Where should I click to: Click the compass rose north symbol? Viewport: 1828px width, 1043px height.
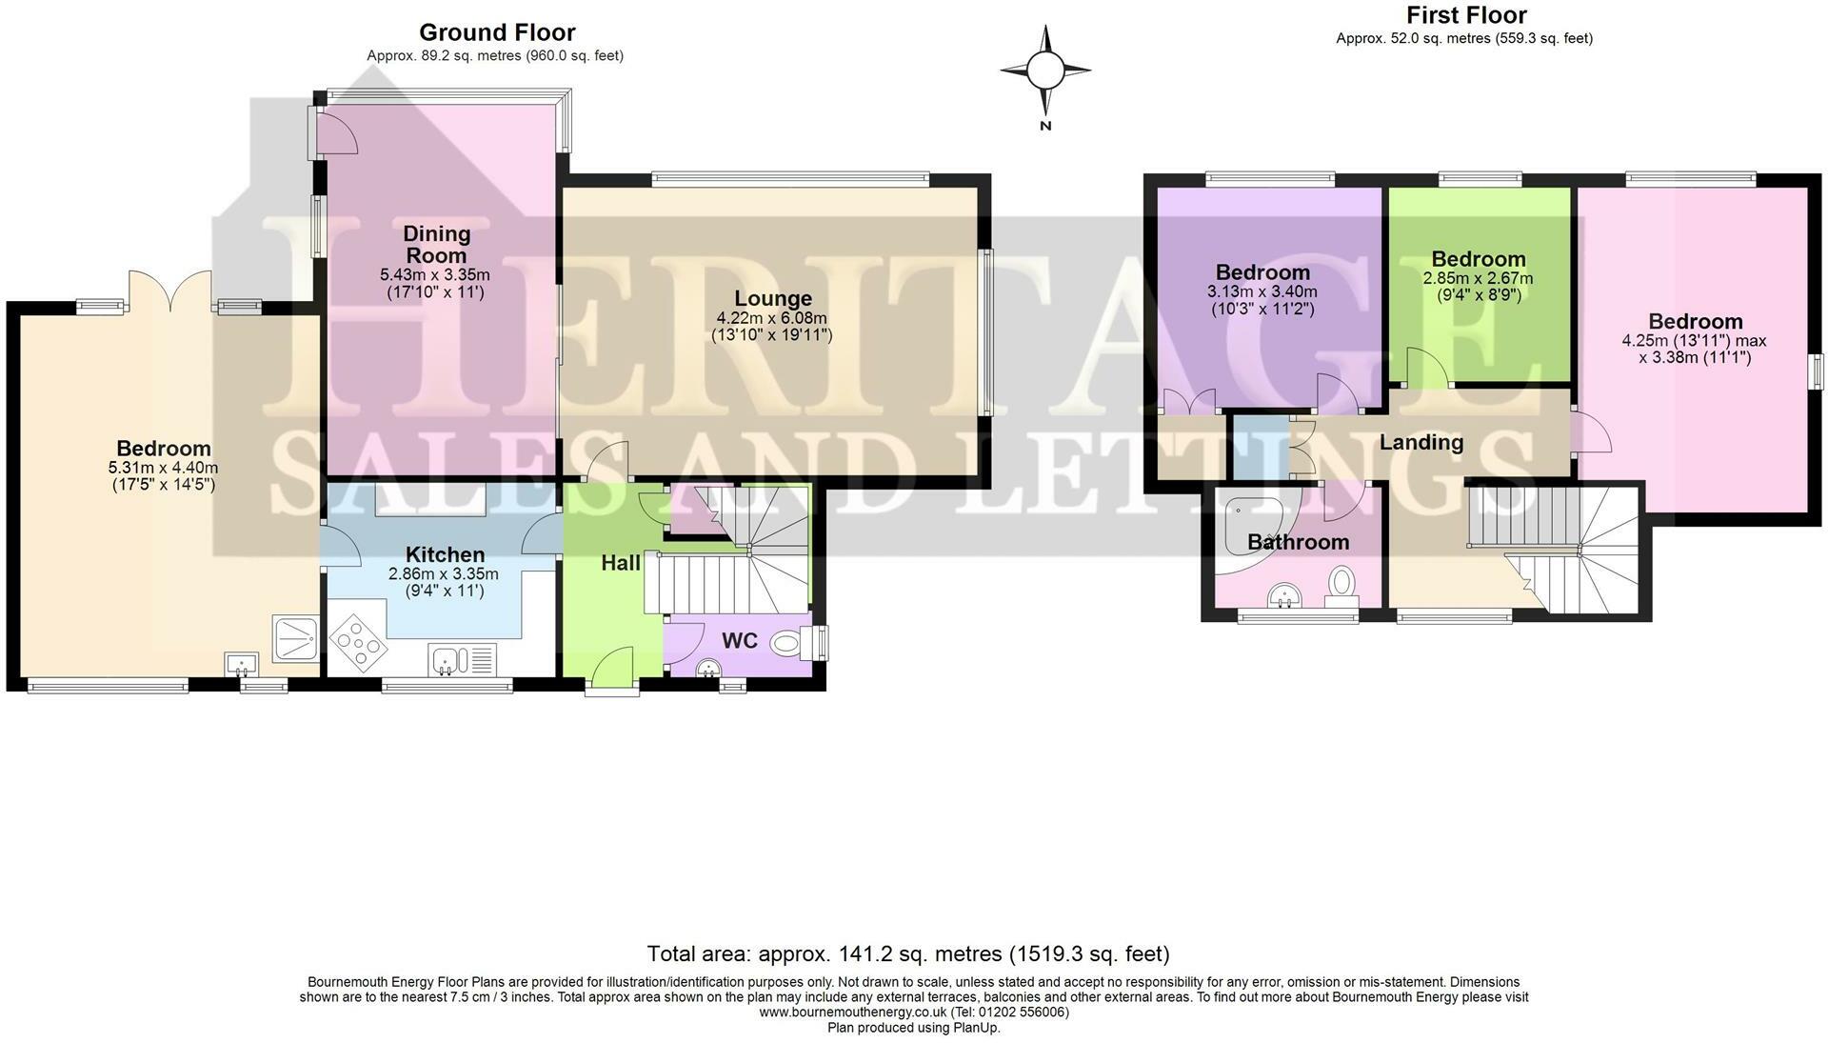(1045, 70)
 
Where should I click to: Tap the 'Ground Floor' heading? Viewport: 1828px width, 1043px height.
(497, 32)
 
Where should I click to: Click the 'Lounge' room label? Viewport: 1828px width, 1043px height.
(773, 298)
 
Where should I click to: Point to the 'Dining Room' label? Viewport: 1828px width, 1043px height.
(437, 244)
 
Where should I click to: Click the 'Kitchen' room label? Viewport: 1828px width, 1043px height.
(445, 554)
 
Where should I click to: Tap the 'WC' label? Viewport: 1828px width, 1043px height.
(739, 640)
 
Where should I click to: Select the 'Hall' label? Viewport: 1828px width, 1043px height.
(621, 563)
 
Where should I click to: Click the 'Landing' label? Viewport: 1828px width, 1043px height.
(1421, 442)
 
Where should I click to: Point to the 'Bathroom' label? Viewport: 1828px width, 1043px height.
(1299, 542)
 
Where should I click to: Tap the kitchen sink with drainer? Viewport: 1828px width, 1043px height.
(463, 658)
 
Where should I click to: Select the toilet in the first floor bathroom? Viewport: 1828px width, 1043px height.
(1342, 584)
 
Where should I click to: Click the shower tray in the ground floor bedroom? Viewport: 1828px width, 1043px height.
(296, 638)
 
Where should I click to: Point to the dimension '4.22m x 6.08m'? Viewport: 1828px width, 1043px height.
(772, 318)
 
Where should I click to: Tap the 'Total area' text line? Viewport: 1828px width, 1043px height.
(908, 953)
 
